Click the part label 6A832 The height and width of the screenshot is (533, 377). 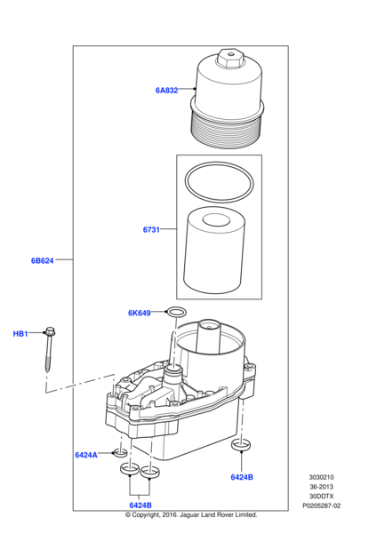point(167,91)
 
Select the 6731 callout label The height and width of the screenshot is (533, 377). point(151,230)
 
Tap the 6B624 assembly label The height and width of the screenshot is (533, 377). point(43,260)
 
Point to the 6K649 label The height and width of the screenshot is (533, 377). point(140,313)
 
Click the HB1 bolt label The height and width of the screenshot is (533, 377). point(20,334)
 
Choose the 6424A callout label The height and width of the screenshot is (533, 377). point(86,455)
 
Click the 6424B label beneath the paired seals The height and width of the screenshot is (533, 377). point(140,505)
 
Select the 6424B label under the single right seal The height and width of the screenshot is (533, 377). point(242,477)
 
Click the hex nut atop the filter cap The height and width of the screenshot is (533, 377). point(229,59)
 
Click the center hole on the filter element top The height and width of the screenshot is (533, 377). point(216,220)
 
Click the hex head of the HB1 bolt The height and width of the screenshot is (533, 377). point(50,330)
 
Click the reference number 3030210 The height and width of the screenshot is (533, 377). point(322,477)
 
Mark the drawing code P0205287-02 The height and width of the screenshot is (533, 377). point(322,505)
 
